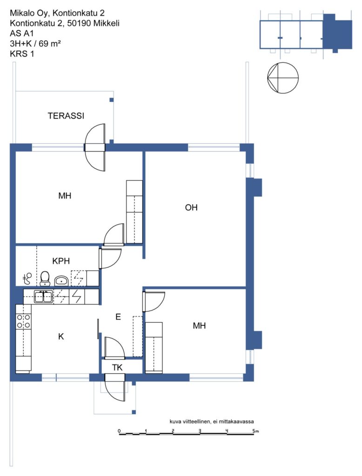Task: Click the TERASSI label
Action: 66,116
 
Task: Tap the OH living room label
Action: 191,207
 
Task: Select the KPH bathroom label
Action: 61,261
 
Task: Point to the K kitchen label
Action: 61,337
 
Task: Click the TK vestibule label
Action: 117,368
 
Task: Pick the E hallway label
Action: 118,317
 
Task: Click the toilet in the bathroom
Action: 45,279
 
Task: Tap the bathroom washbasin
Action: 62,281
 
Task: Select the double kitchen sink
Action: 43,297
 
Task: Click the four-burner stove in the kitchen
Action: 23,321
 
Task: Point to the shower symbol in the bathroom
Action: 27,278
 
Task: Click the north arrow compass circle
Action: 283,78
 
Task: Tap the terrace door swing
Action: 95,147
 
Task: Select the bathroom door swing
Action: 110,258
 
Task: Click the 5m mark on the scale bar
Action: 255,431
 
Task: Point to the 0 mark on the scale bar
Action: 119,431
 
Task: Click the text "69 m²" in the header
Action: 49,43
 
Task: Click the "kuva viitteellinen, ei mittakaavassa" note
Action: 212,421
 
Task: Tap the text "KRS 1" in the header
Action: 22,54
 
